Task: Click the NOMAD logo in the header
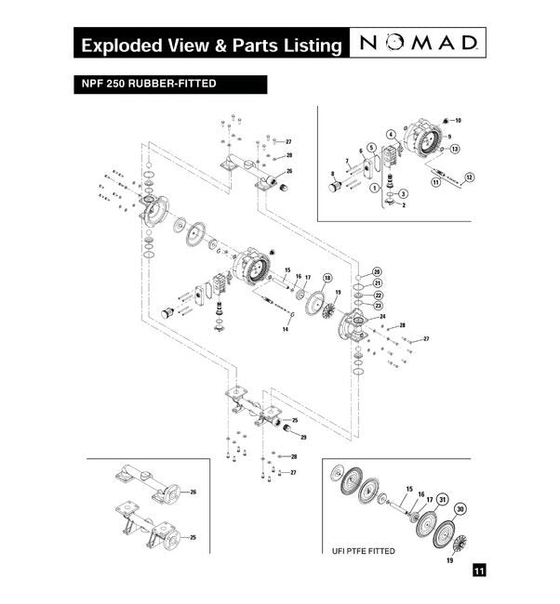420,44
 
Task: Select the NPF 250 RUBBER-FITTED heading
149,84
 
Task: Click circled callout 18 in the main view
327,278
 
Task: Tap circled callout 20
378,270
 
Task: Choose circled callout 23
378,305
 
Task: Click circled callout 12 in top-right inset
469,177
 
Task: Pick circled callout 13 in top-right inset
455,149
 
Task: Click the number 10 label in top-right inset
458,121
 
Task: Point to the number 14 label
286,330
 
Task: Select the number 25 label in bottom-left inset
193,537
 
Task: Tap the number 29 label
303,436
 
